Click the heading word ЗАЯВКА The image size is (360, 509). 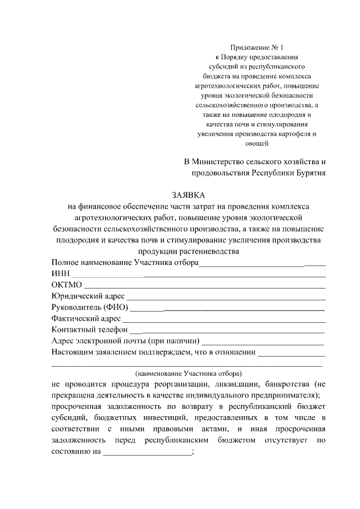(x=188, y=195)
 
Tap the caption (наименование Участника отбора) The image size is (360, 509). (x=188, y=373)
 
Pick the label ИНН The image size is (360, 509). (x=60, y=274)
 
